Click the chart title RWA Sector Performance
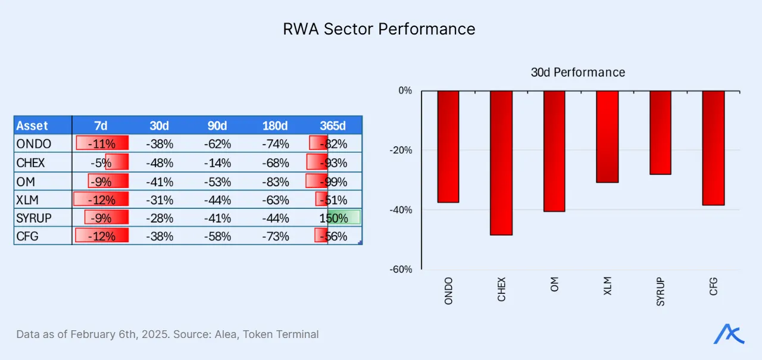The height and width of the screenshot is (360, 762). tap(379, 29)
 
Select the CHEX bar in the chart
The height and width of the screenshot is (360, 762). tap(501, 162)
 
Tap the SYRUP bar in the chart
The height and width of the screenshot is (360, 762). tap(660, 132)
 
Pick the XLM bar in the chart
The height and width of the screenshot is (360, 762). tap(607, 136)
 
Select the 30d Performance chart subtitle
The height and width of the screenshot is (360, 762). tap(577, 73)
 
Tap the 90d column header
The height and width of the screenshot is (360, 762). tap(217, 126)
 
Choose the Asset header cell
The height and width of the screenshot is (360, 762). tap(33, 126)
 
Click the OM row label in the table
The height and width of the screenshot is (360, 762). tap(26, 181)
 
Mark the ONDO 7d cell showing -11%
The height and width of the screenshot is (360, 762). tap(101, 144)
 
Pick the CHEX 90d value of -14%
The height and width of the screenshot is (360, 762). tap(217, 162)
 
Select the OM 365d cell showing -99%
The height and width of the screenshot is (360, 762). tap(333, 181)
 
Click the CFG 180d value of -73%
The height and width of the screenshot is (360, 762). tap(275, 236)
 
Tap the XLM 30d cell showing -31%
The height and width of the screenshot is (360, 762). tap(159, 199)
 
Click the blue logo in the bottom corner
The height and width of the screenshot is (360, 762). tap(729, 334)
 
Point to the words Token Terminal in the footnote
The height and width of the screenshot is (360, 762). tap(283, 334)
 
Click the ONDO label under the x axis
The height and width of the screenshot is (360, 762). tap(448, 290)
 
